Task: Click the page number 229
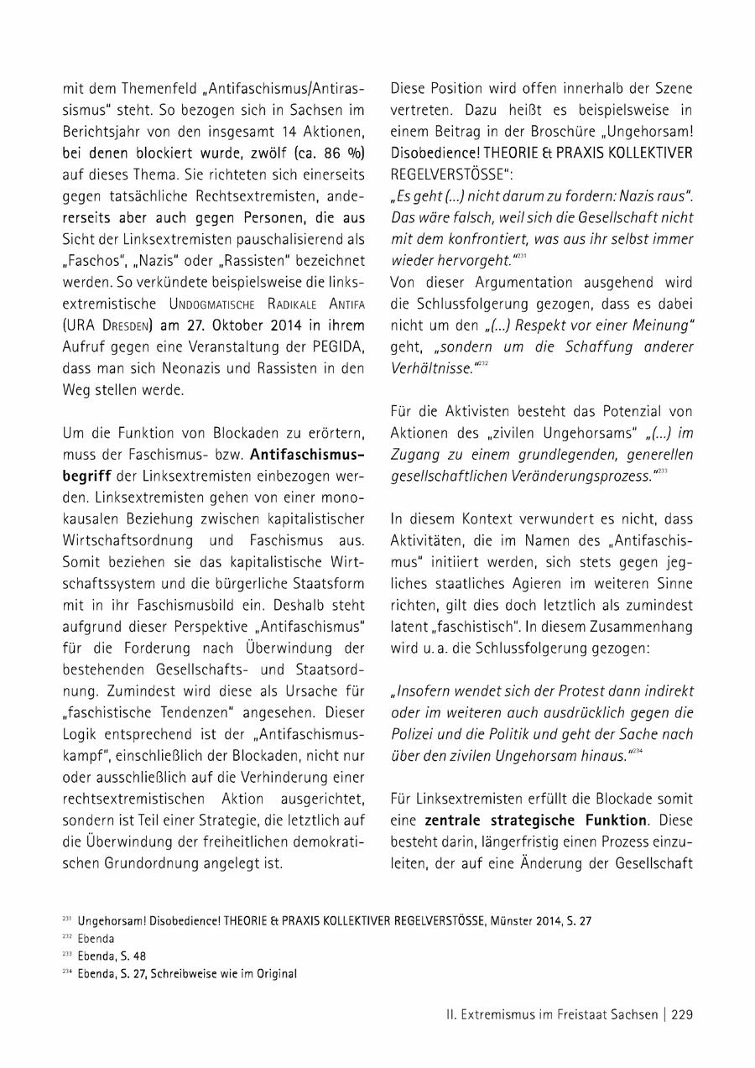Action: coord(681,1014)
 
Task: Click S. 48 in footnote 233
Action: coord(134,956)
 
